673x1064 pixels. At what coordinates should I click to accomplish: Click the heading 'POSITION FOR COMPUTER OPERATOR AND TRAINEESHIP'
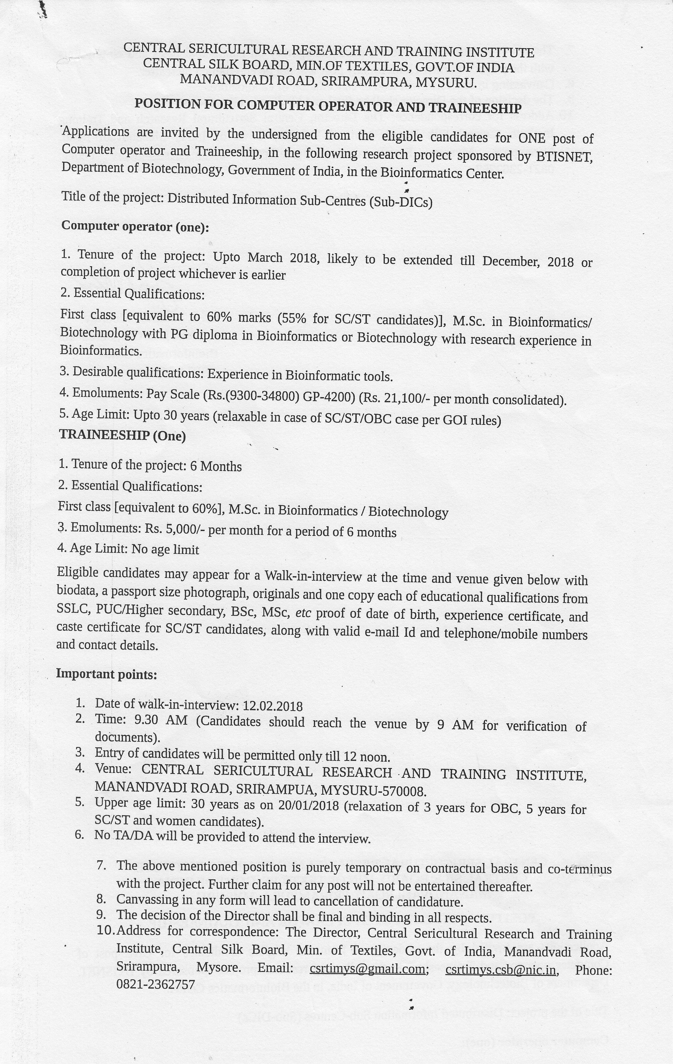328,106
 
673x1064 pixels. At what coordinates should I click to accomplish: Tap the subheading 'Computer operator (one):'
135,226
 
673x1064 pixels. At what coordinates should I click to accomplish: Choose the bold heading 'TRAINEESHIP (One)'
122,436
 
